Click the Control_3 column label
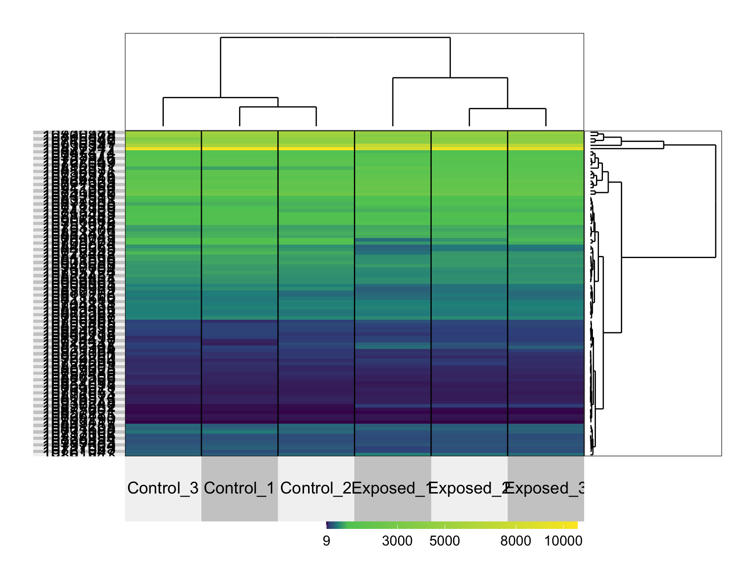click(x=163, y=488)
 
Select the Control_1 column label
click(x=239, y=488)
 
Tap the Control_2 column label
click(x=316, y=488)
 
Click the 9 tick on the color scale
click(x=326, y=541)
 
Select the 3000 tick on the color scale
click(x=397, y=541)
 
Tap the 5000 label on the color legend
click(x=444, y=541)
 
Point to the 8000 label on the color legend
click(x=516, y=541)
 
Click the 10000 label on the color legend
click(x=563, y=541)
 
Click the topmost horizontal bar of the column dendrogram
click(x=335, y=38)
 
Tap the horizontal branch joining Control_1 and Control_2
click(x=278, y=107)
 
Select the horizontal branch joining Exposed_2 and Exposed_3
click(x=508, y=109)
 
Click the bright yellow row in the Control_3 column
click(x=163, y=148)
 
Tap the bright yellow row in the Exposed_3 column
click(x=546, y=148)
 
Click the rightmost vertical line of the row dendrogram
click(x=716, y=201)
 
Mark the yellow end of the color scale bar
click(x=574, y=525)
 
